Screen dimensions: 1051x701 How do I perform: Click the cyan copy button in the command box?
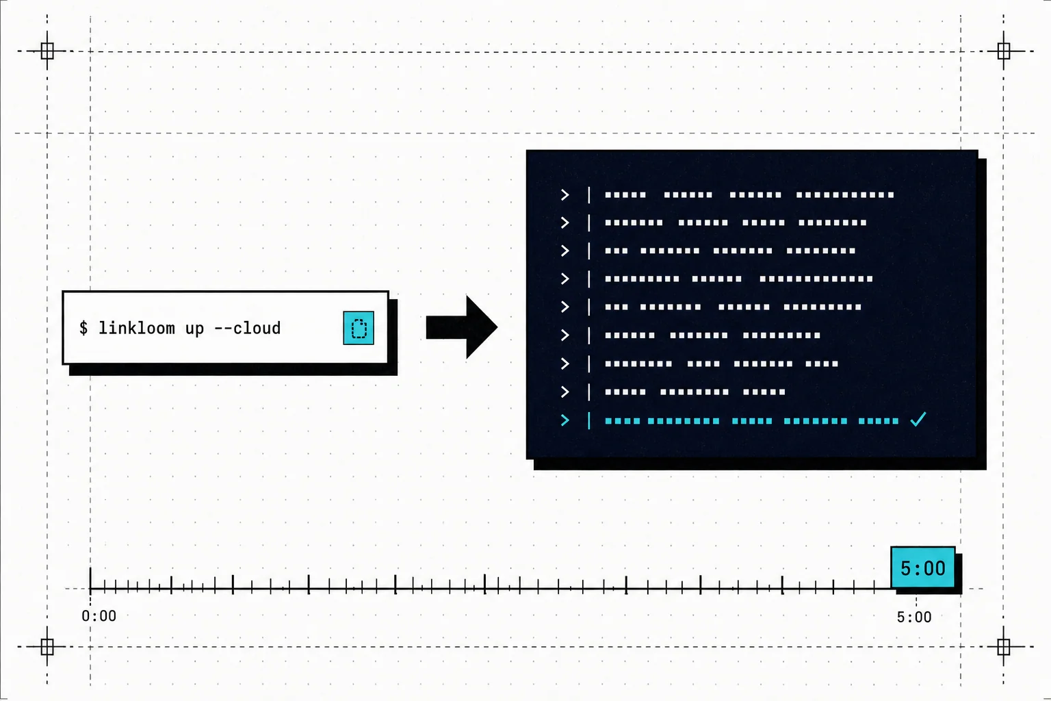coord(359,328)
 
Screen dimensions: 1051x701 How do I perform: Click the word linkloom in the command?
coord(137,328)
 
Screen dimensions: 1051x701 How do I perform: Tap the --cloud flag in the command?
coord(247,328)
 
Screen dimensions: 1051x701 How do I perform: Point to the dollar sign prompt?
coord(83,328)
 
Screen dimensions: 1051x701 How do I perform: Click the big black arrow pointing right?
coord(462,327)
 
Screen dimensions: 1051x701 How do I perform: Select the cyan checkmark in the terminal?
coord(918,419)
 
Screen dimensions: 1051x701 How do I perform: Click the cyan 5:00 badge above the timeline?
coord(923,568)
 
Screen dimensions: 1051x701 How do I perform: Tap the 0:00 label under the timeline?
coord(99,615)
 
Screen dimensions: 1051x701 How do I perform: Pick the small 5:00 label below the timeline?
coord(914,617)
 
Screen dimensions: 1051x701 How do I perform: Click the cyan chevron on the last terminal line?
coord(565,420)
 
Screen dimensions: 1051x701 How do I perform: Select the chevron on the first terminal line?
coord(565,194)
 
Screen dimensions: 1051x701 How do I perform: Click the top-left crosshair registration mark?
coord(47,51)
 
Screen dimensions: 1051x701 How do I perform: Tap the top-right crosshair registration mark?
coord(1004,51)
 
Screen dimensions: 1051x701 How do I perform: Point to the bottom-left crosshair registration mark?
coord(47,646)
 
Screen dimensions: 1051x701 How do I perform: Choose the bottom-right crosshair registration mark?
coord(1004,646)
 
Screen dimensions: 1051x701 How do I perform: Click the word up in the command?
coord(194,329)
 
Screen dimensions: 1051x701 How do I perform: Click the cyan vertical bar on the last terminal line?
coord(589,420)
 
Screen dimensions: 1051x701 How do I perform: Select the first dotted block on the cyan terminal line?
coord(623,421)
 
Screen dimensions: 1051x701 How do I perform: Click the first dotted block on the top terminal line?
coord(625,195)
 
